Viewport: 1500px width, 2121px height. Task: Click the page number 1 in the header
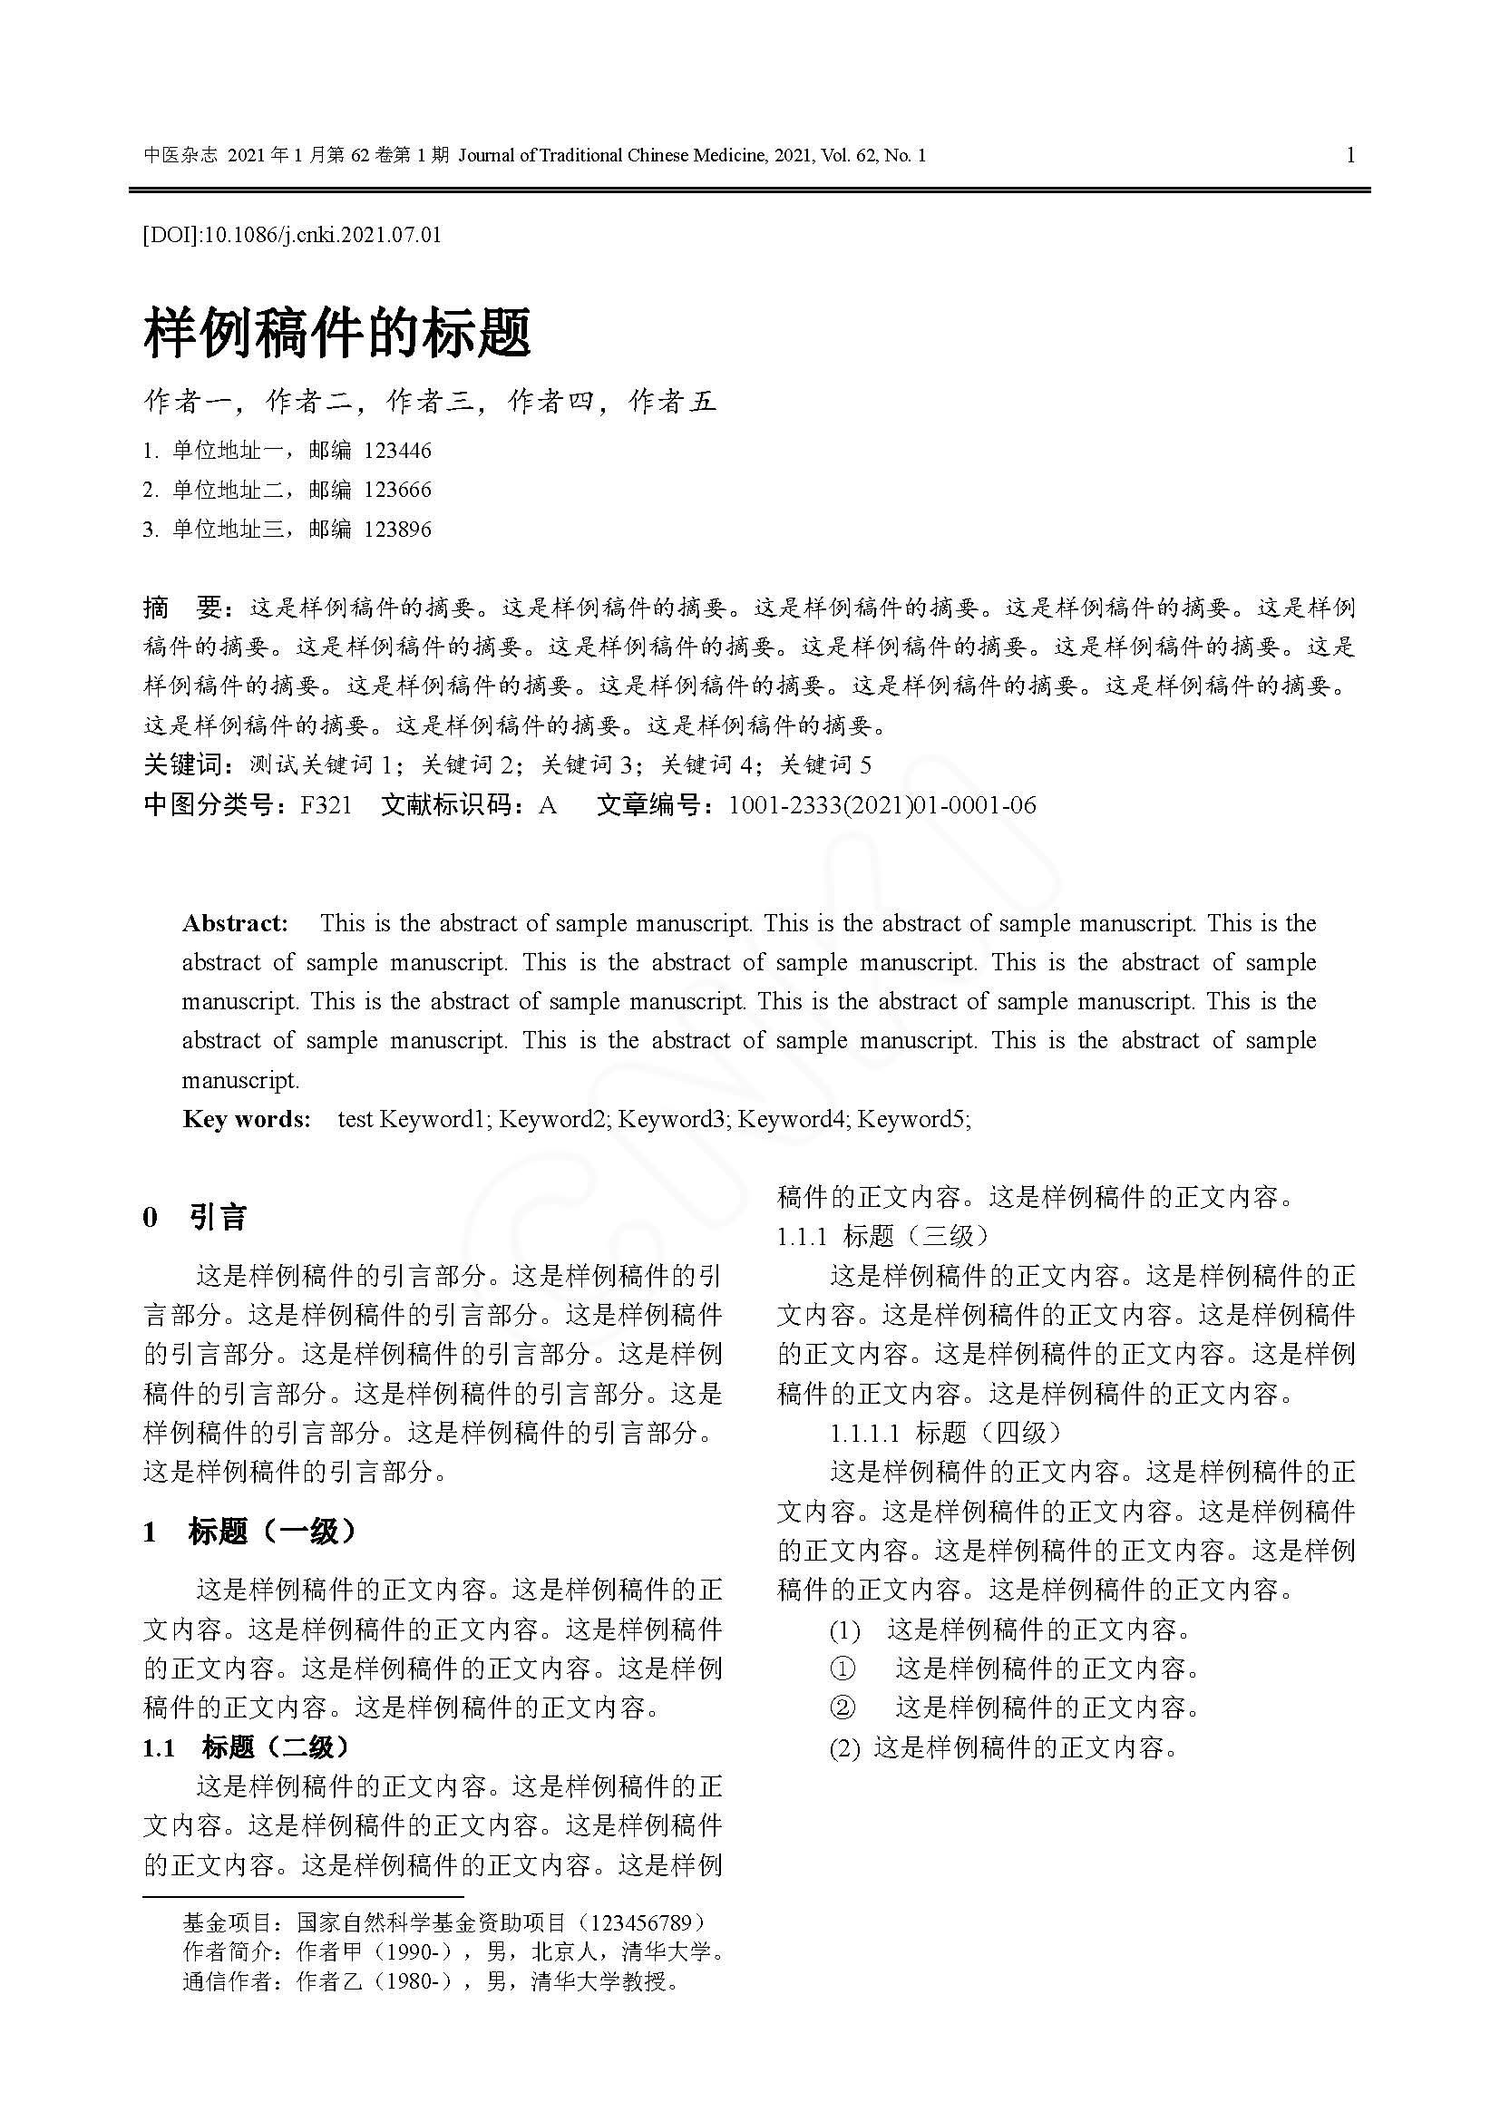[1350, 155]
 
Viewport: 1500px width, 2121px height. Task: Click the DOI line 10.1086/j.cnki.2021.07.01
[292, 235]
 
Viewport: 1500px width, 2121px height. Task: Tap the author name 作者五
[672, 401]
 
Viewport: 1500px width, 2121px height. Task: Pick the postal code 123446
[397, 451]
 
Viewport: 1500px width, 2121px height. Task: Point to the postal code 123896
[397, 530]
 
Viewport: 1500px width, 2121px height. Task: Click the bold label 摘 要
[182, 608]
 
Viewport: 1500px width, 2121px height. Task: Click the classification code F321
[326, 805]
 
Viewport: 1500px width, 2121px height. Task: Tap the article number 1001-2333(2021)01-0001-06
[882, 805]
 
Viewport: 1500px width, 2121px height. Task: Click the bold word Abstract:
[236, 923]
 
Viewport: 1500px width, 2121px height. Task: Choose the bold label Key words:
[247, 1119]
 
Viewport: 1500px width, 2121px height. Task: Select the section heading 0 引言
[195, 1217]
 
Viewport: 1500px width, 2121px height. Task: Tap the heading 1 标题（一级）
[248, 1532]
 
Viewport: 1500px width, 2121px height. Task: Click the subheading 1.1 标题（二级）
[247, 1746]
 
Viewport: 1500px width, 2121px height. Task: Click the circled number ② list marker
[843, 1708]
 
